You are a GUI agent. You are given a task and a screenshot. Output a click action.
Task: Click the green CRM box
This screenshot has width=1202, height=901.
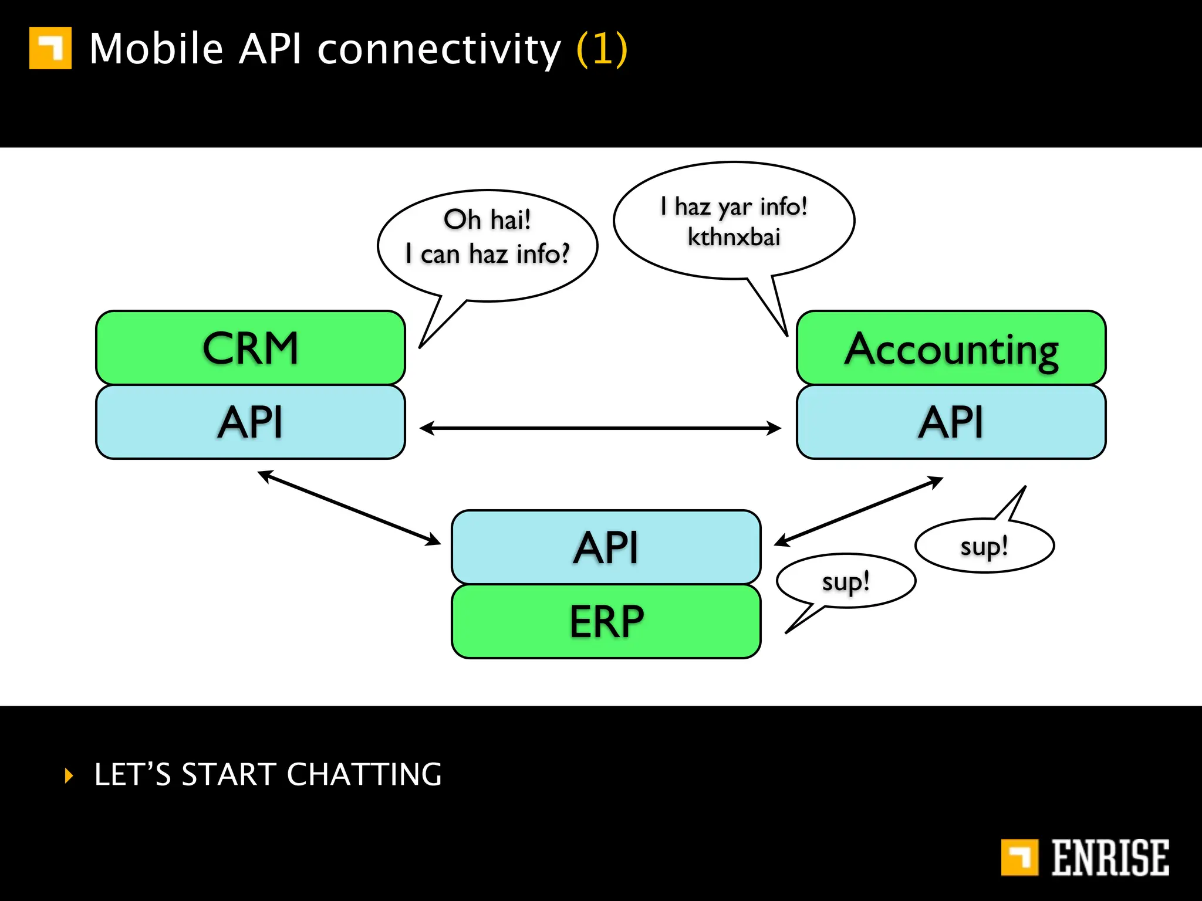(x=251, y=348)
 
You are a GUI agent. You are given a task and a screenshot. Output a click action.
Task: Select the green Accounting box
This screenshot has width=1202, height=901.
(x=951, y=348)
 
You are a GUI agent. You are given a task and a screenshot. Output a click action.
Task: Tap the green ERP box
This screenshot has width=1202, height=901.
(x=606, y=622)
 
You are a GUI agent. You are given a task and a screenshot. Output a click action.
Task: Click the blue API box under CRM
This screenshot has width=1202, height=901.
(x=251, y=422)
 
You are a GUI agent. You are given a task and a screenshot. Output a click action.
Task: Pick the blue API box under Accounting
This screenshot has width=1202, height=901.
(x=951, y=422)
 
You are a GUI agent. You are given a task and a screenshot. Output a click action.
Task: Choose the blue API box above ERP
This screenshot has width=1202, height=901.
(x=606, y=547)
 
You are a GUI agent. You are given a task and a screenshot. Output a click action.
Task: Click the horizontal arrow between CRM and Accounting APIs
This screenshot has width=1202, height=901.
(x=600, y=428)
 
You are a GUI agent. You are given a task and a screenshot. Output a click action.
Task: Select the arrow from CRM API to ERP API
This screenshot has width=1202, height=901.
(x=349, y=508)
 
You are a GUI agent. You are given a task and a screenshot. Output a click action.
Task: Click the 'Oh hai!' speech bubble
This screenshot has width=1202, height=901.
(x=487, y=238)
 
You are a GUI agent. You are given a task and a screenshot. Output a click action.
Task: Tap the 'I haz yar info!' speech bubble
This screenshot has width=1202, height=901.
(x=734, y=220)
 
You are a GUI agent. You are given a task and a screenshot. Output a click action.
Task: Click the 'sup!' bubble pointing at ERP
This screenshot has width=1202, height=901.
(x=845, y=581)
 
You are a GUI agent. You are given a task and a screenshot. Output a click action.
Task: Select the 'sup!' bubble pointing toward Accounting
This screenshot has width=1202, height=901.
(x=984, y=546)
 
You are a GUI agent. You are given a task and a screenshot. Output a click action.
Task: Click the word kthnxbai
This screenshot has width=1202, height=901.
(x=734, y=238)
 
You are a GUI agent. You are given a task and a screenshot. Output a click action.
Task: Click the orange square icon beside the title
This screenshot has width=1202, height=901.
(x=50, y=48)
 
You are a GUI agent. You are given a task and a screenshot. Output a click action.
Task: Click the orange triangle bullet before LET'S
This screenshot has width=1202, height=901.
(x=69, y=775)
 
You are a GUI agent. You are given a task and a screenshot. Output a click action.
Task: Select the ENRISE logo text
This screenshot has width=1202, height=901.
(x=1109, y=858)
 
